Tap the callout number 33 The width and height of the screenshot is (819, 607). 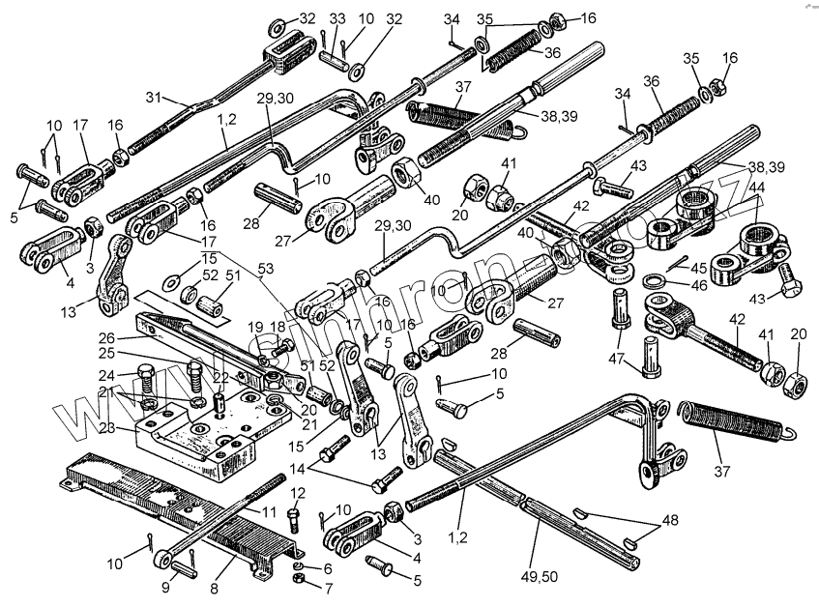[337, 18]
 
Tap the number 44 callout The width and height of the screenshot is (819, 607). [756, 186]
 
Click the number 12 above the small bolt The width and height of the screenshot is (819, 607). [297, 493]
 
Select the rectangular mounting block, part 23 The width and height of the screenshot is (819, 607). [208, 435]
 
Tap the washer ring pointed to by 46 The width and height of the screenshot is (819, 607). [655, 282]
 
